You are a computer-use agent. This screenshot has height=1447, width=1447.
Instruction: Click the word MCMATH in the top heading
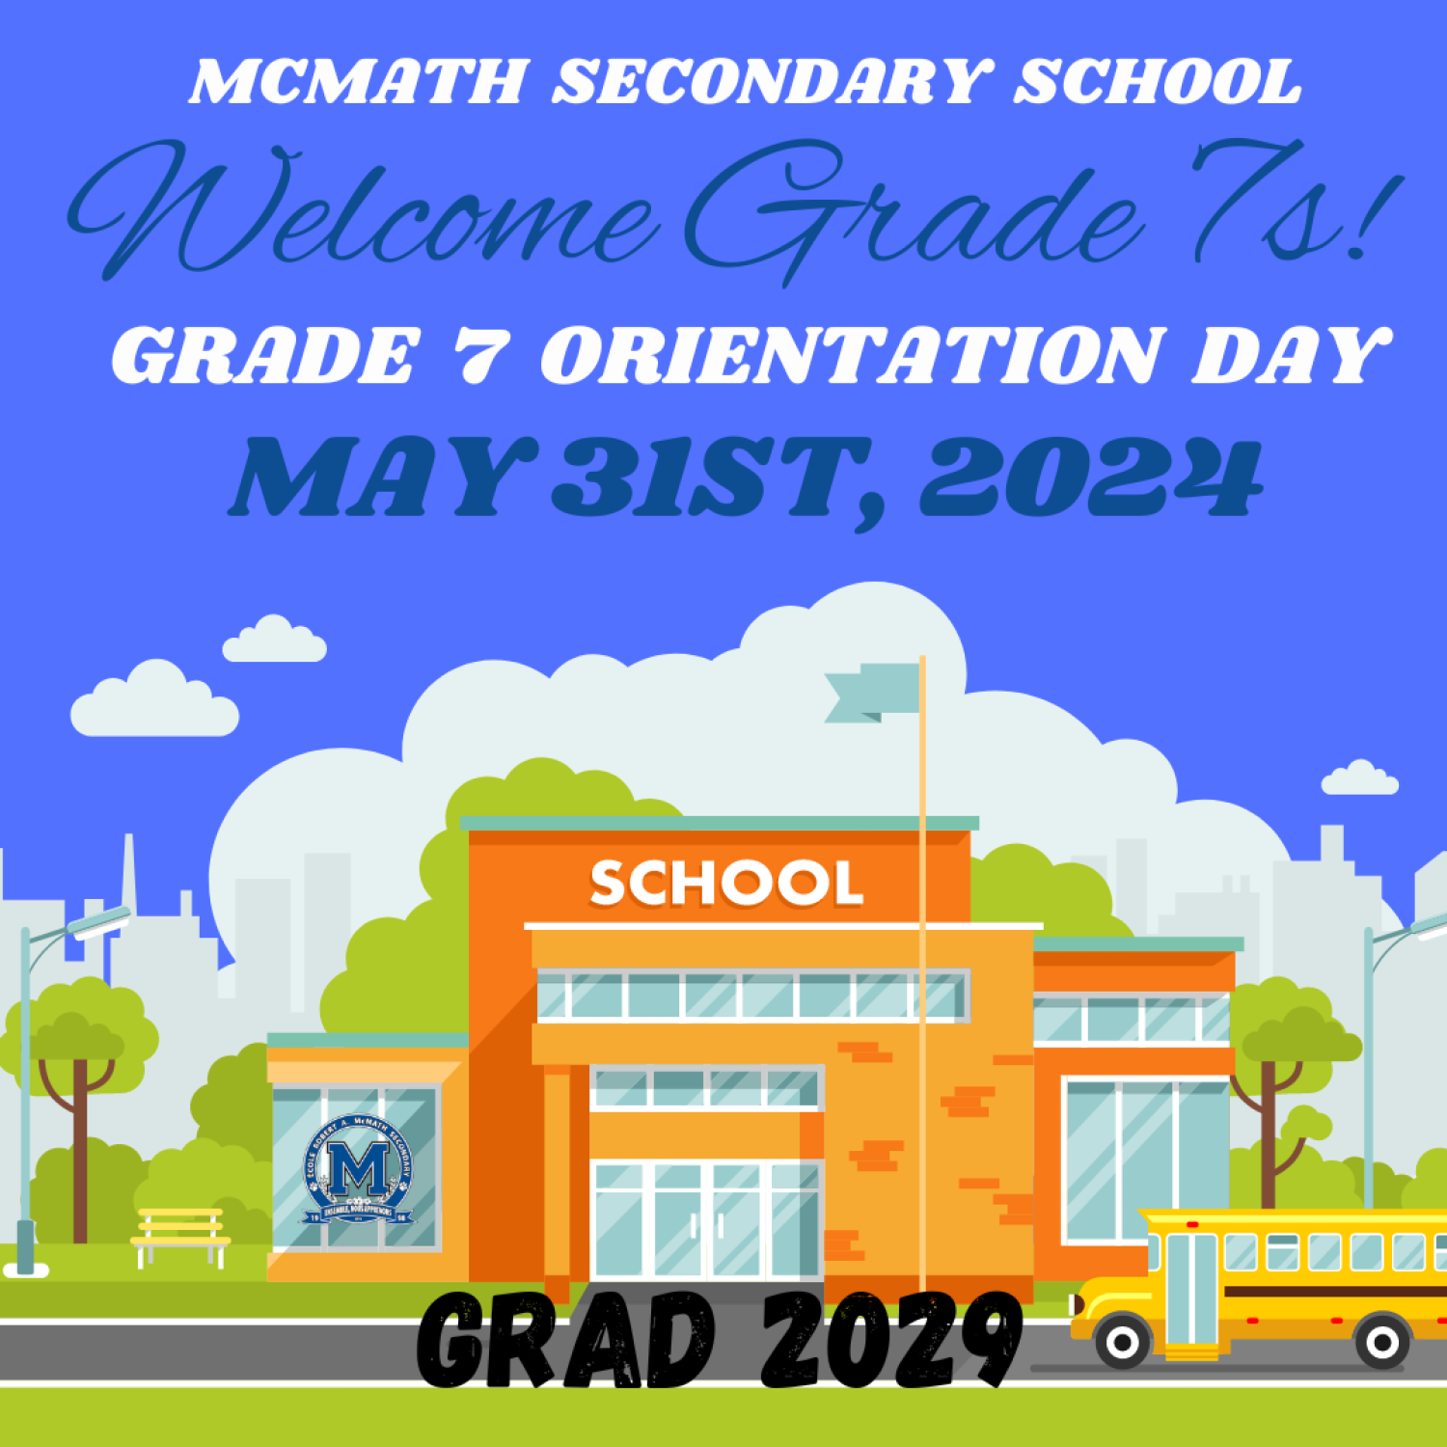[358, 82]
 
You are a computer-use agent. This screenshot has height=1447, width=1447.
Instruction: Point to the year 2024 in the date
[1090, 478]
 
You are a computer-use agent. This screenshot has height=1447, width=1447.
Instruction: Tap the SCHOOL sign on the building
[725, 883]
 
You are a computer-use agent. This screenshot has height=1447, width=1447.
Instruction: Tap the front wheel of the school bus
[1122, 1342]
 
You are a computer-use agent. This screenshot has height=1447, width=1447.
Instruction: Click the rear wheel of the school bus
[1381, 1342]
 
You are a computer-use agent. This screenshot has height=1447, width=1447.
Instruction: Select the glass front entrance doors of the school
[706, 1220]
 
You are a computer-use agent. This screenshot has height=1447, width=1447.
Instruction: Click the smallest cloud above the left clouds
[274, 642]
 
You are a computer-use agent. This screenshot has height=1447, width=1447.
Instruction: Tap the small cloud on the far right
[1359, 779]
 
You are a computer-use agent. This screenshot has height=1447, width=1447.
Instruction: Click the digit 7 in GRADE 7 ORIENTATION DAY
[479, 355]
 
